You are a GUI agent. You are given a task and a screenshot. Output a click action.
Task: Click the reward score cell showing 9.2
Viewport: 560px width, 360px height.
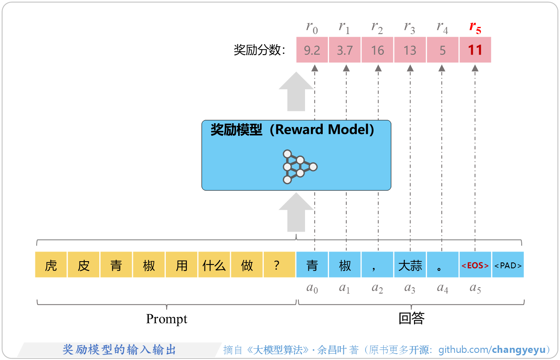pyautogui.click(x=312, y=50)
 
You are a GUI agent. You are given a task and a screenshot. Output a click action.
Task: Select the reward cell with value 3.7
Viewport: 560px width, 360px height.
pyautogui.click(x=345, y=50)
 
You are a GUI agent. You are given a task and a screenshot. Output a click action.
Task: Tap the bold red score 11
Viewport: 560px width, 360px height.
pyautogui.click(x=475, y=50)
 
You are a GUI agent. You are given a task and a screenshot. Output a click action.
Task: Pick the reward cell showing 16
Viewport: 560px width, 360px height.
pyautogui.click(x=377, y=50)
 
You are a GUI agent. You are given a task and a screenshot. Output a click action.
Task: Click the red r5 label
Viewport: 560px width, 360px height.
pyautogui.click(x=475, y=28)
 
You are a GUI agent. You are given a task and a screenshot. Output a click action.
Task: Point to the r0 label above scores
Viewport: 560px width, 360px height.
pyautogui.click(x=312, y=28)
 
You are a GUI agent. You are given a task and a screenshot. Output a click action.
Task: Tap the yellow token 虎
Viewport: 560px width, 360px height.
pyautogui.click(x=51, y=265)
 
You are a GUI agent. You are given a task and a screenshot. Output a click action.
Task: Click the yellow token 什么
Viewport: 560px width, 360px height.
pyautogui.click(x=214, y=265)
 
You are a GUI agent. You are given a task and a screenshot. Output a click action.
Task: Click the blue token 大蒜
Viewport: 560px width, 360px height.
pyautogui.click(x=410, y=265)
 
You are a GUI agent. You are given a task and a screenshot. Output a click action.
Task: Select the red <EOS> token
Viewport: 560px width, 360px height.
pyautogui.click(x=475, y=265)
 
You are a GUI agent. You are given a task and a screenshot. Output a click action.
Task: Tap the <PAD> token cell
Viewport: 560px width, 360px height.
pyautogui.click(x=508, y=265)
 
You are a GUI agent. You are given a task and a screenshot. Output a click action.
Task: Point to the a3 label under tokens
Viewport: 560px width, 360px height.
pyautogui.click(x=410, y=289)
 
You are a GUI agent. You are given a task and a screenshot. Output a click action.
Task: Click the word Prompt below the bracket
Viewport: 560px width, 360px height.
pyautogui.click(x=166, y=319)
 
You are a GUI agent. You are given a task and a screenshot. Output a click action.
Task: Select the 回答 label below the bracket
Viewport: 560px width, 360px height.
pyautogui.click(x=411, y=318)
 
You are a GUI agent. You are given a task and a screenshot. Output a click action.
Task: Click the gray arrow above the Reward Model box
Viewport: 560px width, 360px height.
pyautogui.click(x=296, y=91)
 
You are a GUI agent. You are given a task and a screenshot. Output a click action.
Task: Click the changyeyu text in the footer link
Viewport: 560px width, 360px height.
pyautogui.click(x=519, y=349)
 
